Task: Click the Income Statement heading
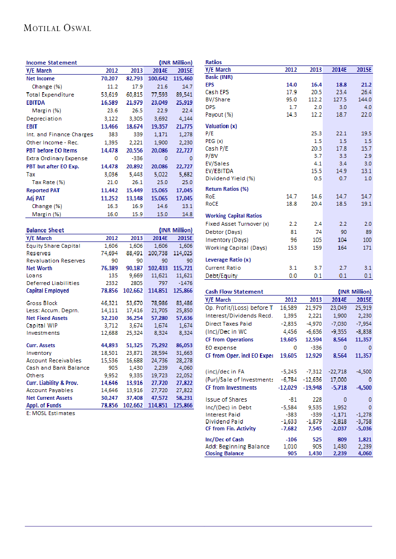coord(51,63)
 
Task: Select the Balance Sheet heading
coord(45,230)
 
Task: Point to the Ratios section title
coord(213,62)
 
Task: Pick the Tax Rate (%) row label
coord(48,182)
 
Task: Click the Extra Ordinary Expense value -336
coord(137,158)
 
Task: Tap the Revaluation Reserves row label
coord(56,261)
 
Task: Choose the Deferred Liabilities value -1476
coord(184,283)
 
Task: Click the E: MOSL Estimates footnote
coord(50,413)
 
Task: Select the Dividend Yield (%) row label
coord(230,178)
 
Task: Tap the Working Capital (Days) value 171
coord(367,248)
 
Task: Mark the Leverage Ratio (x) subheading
coord(228,260)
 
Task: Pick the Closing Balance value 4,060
coord(364,453)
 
